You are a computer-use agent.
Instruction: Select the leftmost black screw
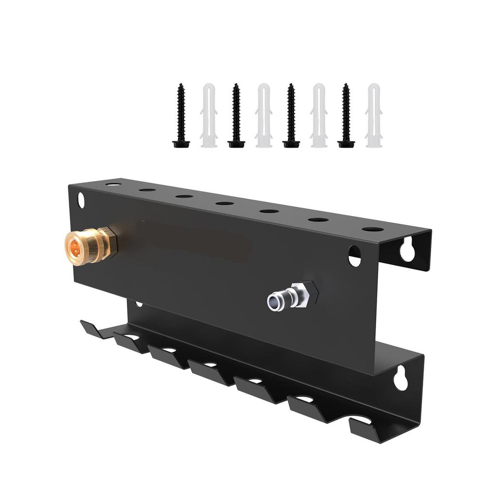181,116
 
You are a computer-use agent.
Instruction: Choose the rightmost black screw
346,116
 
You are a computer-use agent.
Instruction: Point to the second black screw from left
236,116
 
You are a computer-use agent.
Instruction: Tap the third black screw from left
291,116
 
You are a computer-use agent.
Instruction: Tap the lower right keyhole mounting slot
400,379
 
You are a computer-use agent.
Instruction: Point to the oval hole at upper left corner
81,200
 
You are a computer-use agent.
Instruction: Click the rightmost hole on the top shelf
372,229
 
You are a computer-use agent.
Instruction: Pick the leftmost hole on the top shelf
113,184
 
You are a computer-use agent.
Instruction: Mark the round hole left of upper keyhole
354,256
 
